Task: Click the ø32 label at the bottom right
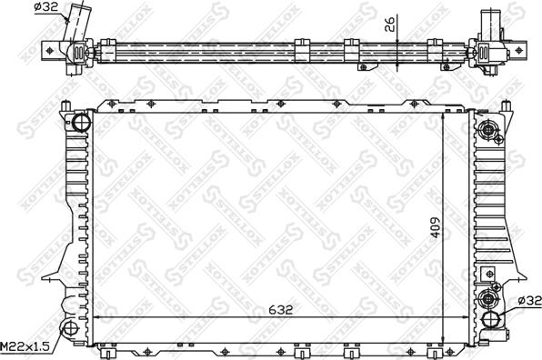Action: [527, 301]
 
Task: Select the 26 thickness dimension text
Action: [390, 25]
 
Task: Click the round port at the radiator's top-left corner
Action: [81, 122]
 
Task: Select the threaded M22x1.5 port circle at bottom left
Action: [69, 330]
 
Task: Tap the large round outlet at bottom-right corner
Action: [492, 319]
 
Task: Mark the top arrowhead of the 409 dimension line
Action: [443, 115]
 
